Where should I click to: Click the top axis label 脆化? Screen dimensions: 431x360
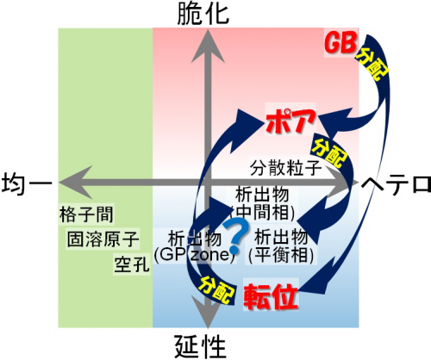[x=203, y=14]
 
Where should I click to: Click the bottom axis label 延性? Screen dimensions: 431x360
[x=200, y=346]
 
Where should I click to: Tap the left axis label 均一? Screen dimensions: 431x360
[x=27, y=183]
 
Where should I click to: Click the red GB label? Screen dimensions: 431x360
[x=341, y=43]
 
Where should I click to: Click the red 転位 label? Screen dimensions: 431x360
[x=271, y=296]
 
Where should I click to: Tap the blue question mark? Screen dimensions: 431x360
[x=236, y=236]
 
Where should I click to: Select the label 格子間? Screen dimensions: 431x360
[x=86, y=214]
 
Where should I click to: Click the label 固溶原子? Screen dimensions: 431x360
[x=103, y=239]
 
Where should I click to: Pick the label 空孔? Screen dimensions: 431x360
[x=132, y=264]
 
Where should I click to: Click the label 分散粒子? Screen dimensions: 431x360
[x=285, y=168]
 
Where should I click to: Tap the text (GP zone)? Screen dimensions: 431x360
[x=195, y=255]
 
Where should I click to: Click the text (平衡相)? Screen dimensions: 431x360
[x=281, y=255]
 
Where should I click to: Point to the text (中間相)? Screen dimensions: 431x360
[x=262, y=213]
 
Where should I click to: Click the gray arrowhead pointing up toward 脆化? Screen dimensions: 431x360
[x=208, y=47]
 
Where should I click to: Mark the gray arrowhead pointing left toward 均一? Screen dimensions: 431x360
[x=76, y=183]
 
